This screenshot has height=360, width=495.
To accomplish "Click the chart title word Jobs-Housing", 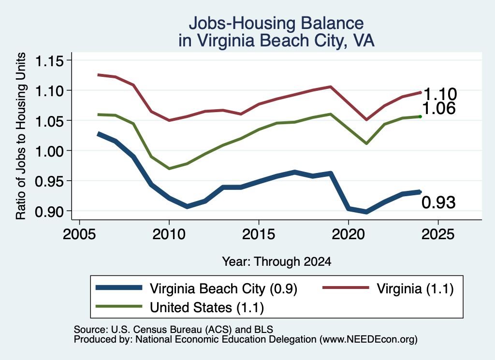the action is coord(242,23).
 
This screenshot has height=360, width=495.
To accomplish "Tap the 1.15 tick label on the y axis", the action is coord(49,61).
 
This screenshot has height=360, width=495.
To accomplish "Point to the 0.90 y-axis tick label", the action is coord(49,211).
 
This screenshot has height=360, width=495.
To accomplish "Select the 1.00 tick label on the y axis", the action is coord(49,151).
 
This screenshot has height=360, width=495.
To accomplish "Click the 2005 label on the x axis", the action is coord(80,234).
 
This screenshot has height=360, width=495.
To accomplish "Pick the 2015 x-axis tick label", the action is coord(259,234).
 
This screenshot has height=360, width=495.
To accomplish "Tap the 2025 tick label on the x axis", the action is coord(438,234).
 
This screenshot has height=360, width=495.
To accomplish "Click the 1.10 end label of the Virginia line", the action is coord(440,94).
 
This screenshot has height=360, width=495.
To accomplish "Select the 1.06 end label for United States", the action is coord(439,108).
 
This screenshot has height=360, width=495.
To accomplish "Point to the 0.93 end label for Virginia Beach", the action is coord(439,202).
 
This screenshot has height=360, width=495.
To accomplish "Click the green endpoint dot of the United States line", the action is coord(420,117).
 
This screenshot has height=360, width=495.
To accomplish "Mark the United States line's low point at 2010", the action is coord(169,169).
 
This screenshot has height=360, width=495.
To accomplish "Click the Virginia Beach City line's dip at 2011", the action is coord(187,206).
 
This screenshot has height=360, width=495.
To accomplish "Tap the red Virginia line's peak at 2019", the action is coord(331,86).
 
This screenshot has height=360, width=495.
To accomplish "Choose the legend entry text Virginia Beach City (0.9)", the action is coord(223,289).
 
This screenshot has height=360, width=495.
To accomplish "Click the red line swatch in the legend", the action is coord(346,288).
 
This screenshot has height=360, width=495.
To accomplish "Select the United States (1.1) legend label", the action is coord(207,308).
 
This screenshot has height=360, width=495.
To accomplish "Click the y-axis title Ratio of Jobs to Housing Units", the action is coord(21,136).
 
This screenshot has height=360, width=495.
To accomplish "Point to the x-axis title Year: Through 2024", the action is coord(277,261).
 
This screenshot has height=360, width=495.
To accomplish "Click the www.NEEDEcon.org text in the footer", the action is coord(368,340).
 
